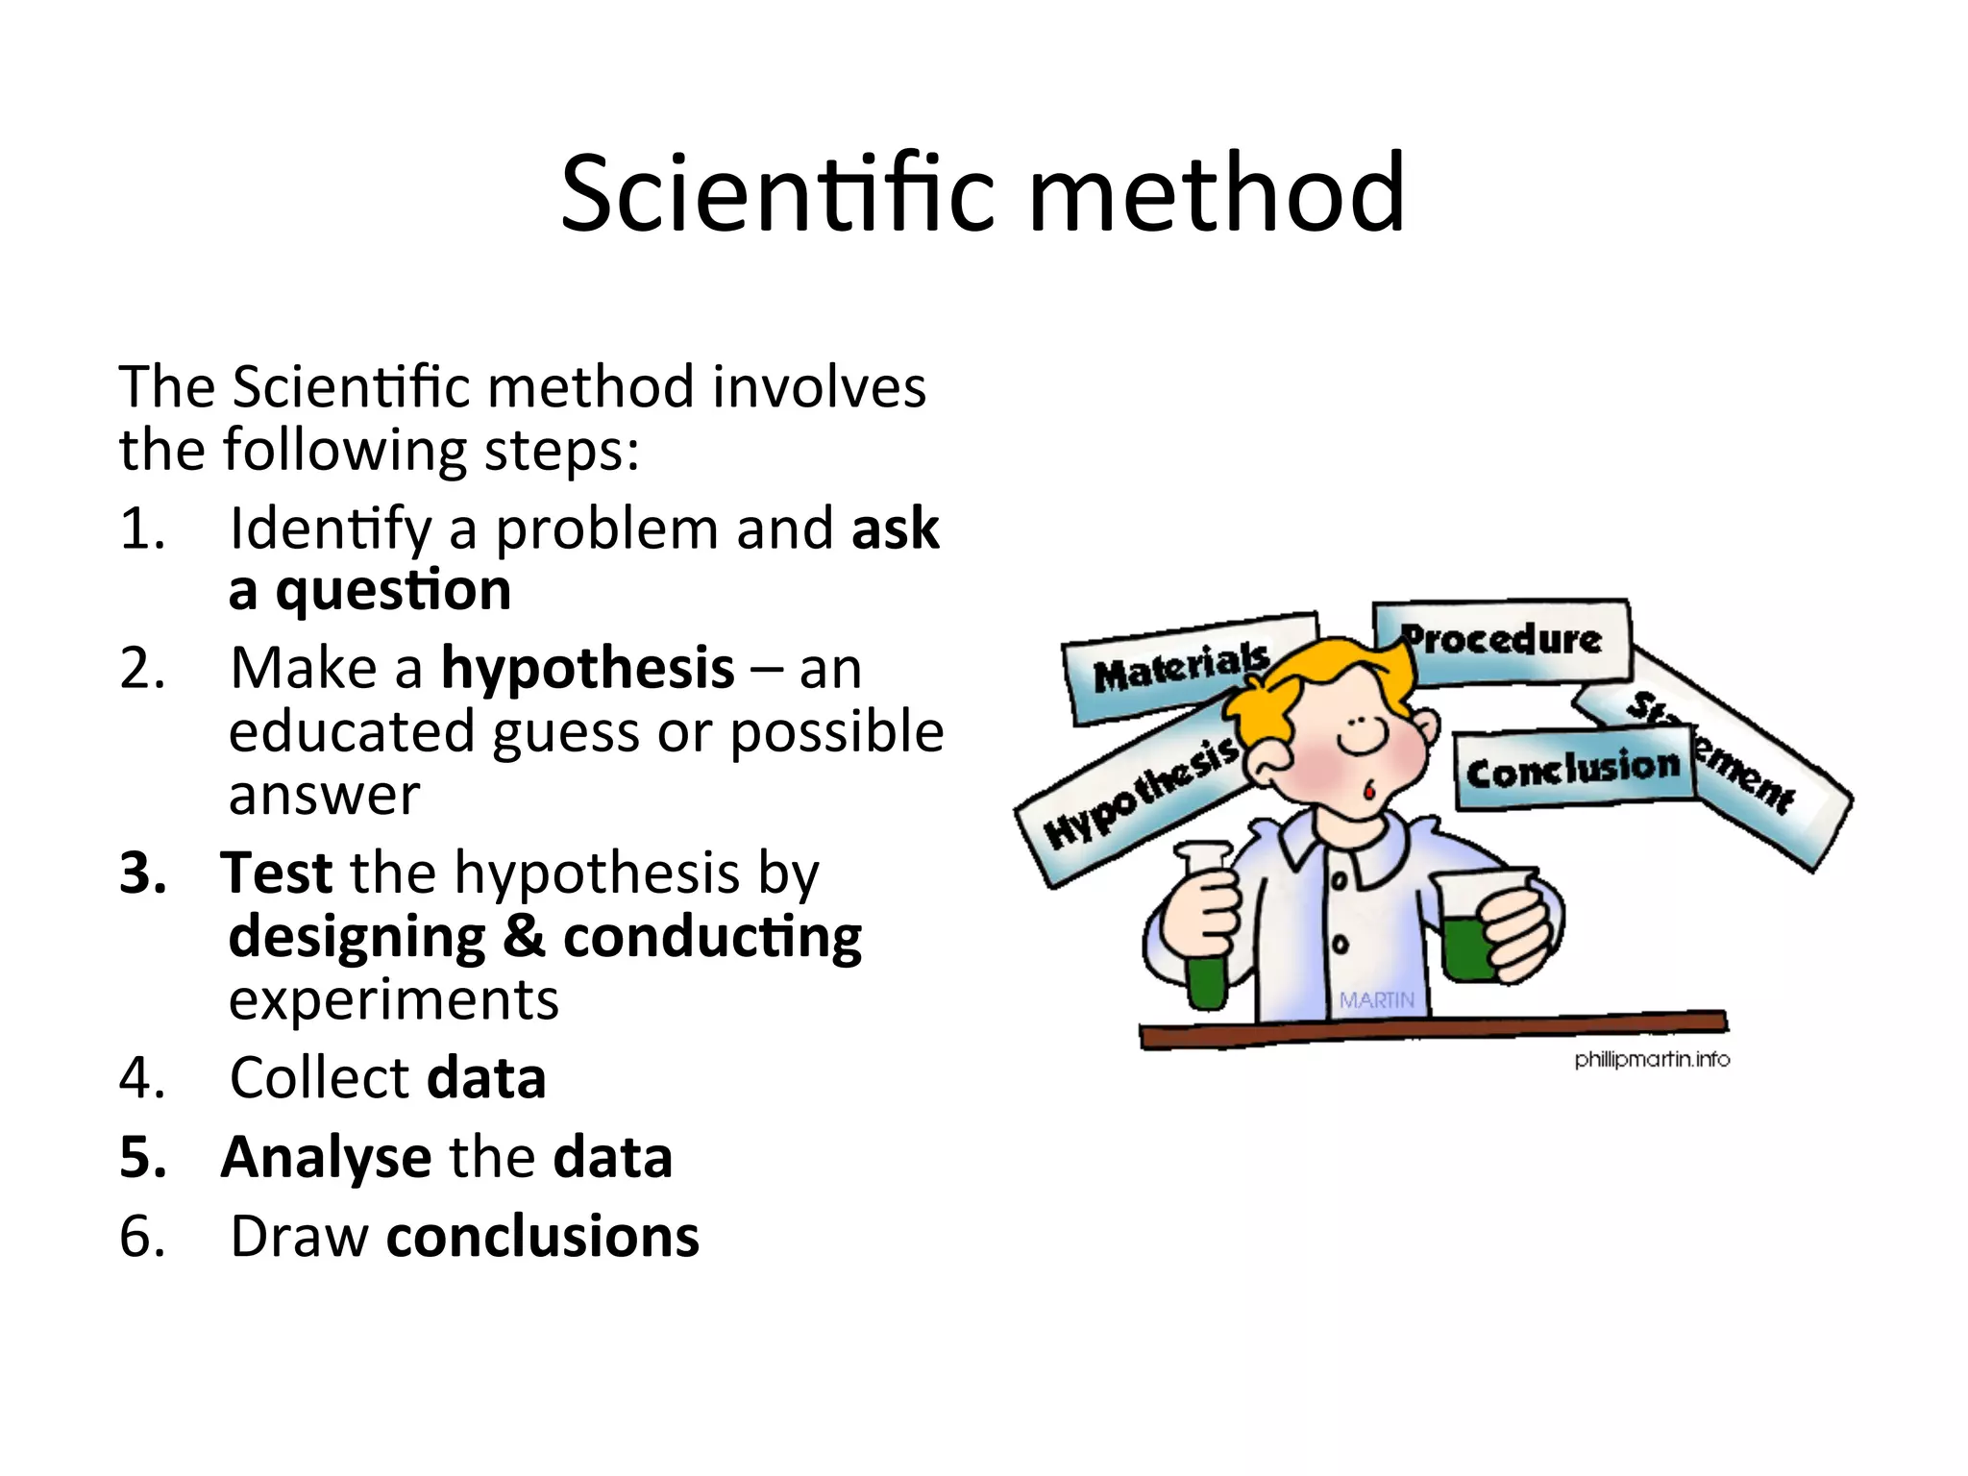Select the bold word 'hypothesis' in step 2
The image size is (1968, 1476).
click(x=587, y=668)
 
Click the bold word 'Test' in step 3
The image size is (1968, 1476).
click(x=277, y=873)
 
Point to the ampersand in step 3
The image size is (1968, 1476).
click(x=524, y=936)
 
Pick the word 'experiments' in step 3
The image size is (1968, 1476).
click(x=393, y=999)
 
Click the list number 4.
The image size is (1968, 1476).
click(x=141, y=1077)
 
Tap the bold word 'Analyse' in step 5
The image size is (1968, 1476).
click(x=326, y=1157)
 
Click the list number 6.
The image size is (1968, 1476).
click(x=141, y=1237)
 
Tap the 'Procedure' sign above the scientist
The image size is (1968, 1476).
click(x=1502, y=639)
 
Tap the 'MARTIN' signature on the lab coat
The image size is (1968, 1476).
click(x=1376, y=1000)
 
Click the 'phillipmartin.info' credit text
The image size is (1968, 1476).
click(x=1651, y=1059)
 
